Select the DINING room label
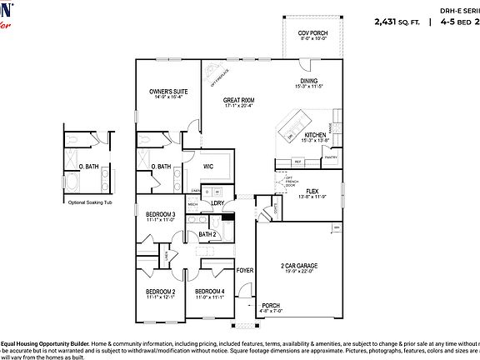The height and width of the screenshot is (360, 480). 308,81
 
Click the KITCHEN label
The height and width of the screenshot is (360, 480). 314,135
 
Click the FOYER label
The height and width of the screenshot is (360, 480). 245,271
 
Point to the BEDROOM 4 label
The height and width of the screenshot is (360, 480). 210,292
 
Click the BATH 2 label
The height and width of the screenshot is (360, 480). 207,235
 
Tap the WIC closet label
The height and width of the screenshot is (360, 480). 208,167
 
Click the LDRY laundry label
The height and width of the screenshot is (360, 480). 217,202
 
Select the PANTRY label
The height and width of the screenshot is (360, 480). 330,157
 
